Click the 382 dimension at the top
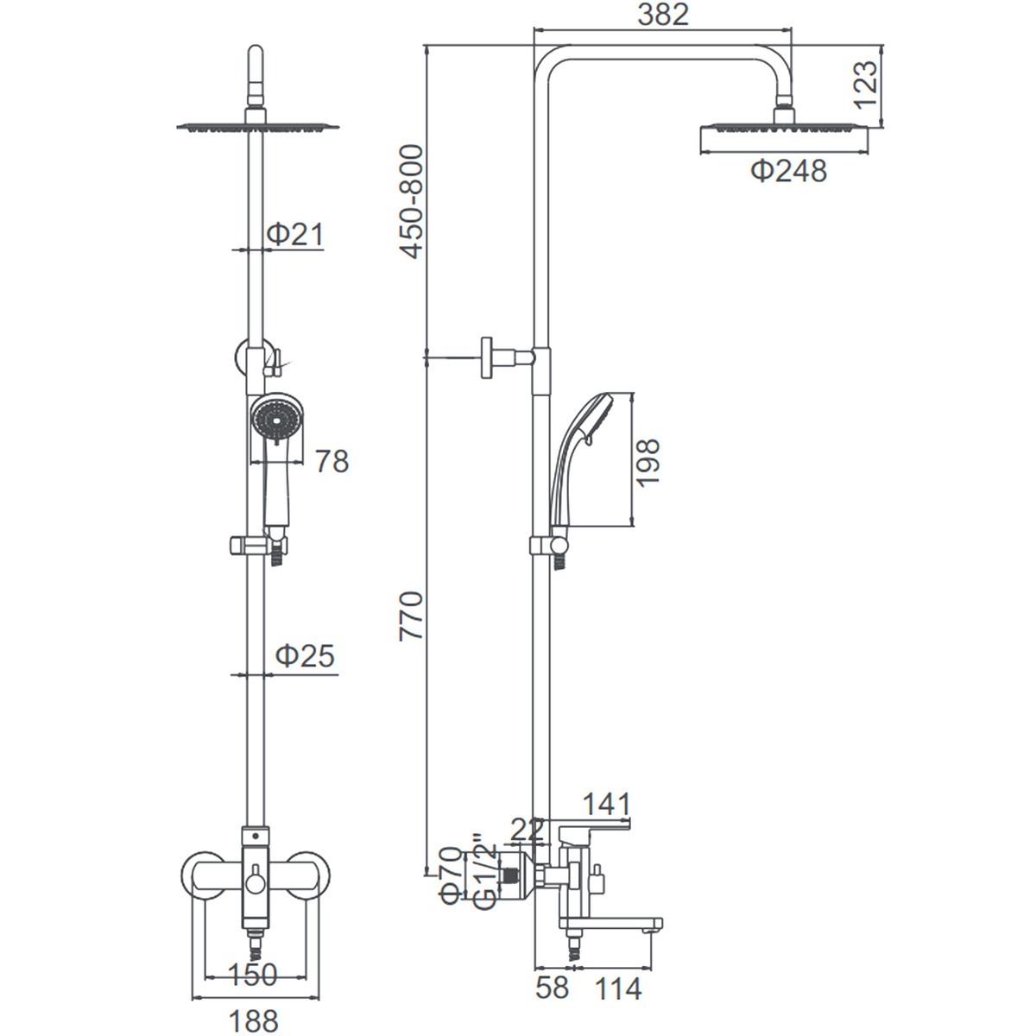pos(663,15)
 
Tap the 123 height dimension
pos(866,85)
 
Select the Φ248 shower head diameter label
pos(788,172)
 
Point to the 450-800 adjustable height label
pos(411,202)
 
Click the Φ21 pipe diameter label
pos(295,235)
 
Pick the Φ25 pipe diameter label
pos(305,656)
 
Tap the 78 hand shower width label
pos(332,461)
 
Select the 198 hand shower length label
pos(647,463)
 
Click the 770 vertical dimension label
pos(411,616)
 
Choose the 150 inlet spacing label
pos(253,974)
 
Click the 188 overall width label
pos(253,1020)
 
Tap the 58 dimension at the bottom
pos(553,988)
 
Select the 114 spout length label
pos(618,989)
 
